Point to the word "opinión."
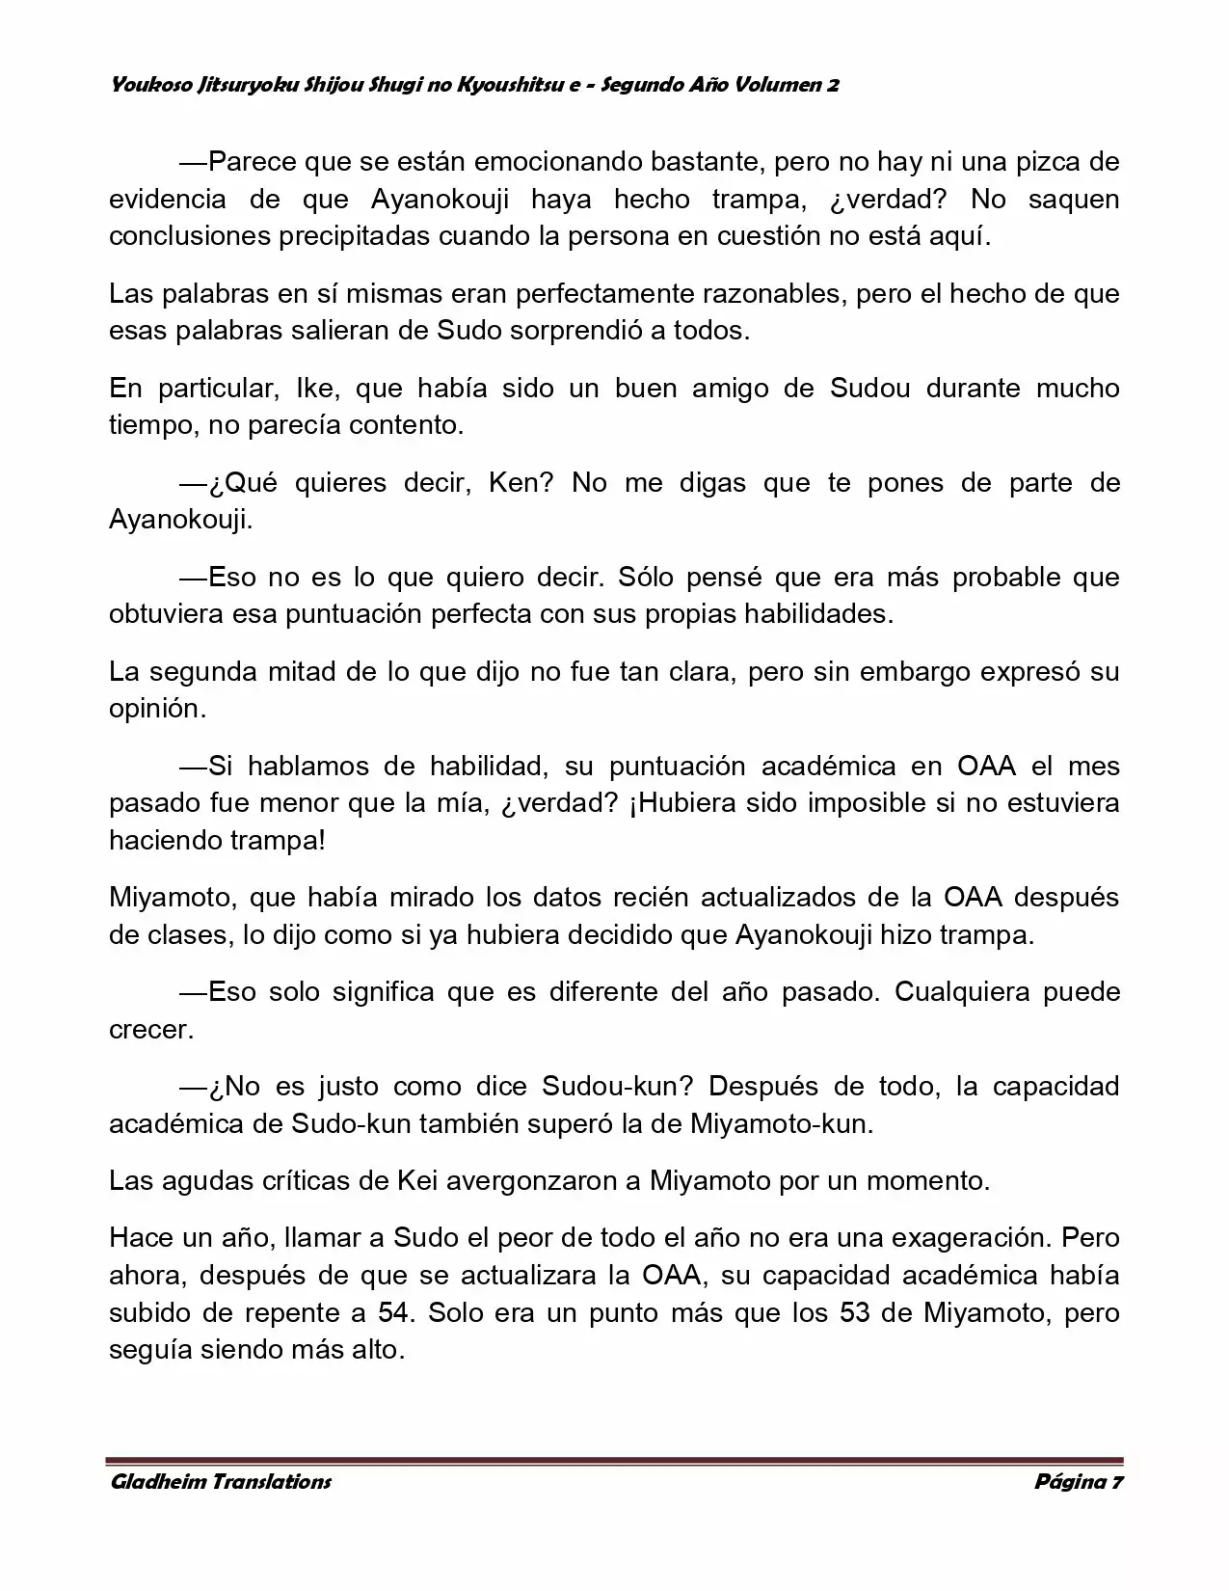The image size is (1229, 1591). click(157, 709)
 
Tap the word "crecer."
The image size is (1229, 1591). click(151, 1030)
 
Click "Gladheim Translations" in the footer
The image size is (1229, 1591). click(221, 1482)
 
